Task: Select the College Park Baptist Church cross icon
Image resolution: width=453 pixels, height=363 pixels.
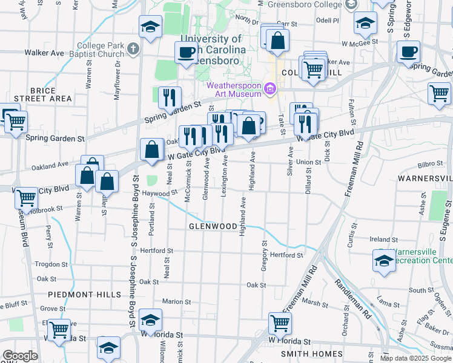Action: tap(133, 48)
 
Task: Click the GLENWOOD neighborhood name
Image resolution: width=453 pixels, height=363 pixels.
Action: tap(212, 226)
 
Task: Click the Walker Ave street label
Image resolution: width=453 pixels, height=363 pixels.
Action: tap(44, 53)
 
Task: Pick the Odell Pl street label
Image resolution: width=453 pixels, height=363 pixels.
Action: tap(327, 20)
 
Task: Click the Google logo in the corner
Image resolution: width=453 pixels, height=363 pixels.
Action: tap(20, 356)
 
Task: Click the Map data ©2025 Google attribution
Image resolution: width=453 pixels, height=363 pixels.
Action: tap(415, 358)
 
